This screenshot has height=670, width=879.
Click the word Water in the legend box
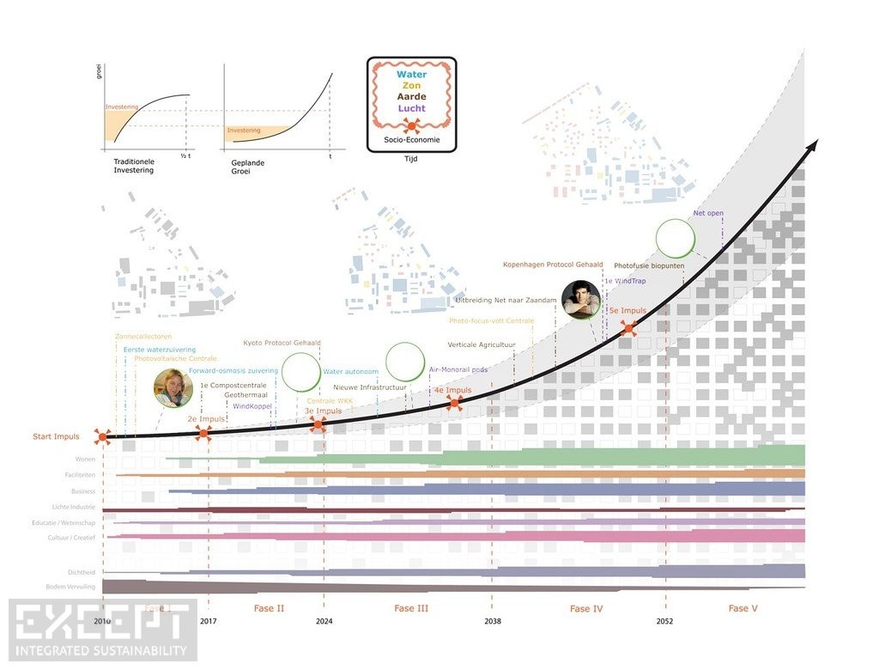click(411, 75)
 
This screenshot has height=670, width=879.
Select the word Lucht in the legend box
click(411, 108)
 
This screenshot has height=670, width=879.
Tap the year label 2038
click(493, 621)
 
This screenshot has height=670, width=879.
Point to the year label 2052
click(665, 621)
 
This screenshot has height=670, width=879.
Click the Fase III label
click(411, 608)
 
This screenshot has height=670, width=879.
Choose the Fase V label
click(743, 608)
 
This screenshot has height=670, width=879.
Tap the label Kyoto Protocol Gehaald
click(282, 343)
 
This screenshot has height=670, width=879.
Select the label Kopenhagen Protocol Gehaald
click(553, 265)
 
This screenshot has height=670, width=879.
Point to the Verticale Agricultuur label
click(482, 344)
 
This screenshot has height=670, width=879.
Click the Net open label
click(708, 213)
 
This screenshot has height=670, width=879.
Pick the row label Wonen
click(85, 460)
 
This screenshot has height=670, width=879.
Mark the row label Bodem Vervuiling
click(71, 587)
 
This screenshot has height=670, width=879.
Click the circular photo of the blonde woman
click(173, 388)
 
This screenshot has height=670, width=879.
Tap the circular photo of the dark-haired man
click(581, 301)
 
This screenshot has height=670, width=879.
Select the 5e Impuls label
click(627, 310)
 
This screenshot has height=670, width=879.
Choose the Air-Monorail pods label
click(458, 369)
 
